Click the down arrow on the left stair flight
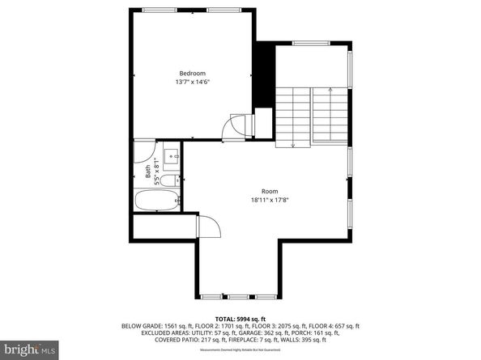point(293,144)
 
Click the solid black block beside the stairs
point(264,77)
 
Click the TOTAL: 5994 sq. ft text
point(240,319)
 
